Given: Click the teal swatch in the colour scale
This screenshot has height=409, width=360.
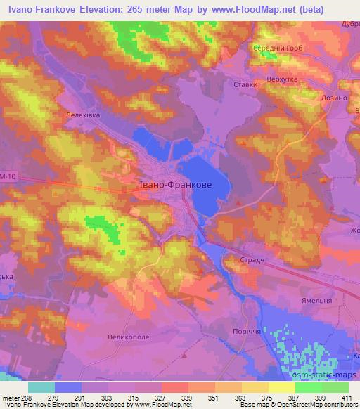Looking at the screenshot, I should [x=41, y=387].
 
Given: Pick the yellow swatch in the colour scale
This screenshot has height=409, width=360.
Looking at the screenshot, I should [x=282, y=387].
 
